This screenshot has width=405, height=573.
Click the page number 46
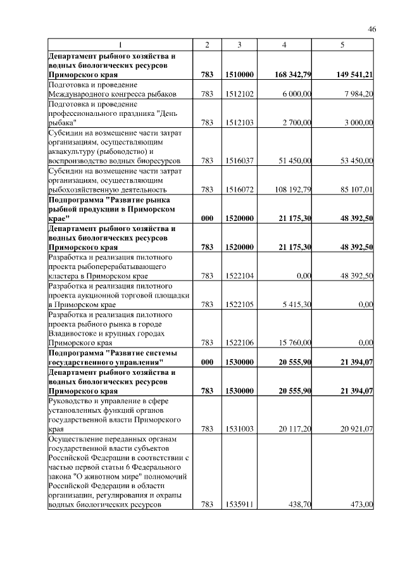(x=372, y=29)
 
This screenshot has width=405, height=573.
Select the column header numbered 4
(x=285, y=44)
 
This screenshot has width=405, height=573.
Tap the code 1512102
(x=239, y=94)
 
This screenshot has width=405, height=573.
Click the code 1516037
(x=239, y=161)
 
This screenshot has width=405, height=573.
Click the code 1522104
(x=239, y=275)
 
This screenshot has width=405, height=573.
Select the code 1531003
(x=239, y=429)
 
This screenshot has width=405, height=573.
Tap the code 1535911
(x=239, y=505)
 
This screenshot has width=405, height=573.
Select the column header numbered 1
(x=120, y=44)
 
